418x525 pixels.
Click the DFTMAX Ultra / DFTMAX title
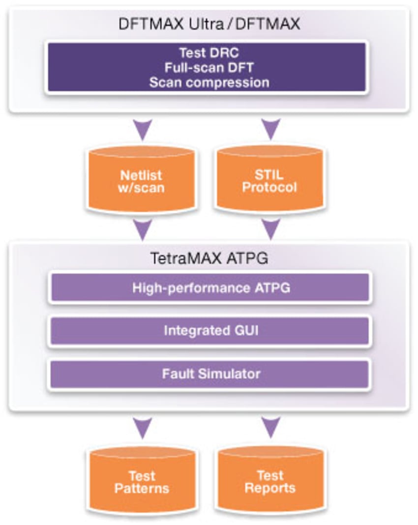209,25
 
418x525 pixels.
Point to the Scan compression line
209,82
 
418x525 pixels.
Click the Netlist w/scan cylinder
143,181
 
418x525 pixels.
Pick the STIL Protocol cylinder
269,181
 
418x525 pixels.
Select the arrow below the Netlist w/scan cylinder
143,230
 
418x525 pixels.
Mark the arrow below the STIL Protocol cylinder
270,230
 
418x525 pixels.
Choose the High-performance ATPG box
209,288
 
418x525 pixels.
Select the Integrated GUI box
209,331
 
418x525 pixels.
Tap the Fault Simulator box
209,374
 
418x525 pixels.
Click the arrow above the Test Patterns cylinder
143,427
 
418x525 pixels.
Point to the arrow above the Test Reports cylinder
270,427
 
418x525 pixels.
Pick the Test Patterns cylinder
142,482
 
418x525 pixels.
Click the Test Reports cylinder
270,482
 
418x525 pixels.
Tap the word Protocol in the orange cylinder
269,188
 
